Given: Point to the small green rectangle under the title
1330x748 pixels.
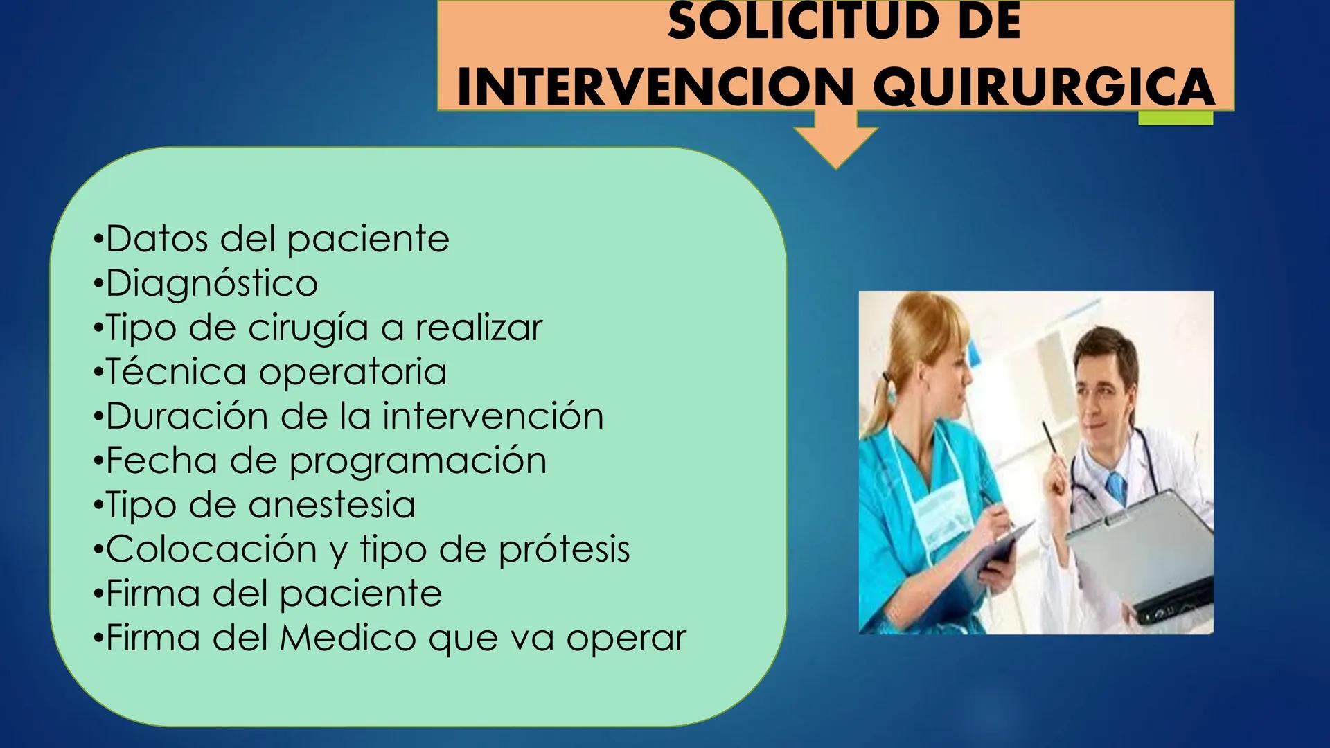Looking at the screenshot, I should click(1176, 118).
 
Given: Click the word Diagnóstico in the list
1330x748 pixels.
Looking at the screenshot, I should click(212, 283).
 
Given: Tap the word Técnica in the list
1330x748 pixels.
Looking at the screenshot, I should click(176, 372).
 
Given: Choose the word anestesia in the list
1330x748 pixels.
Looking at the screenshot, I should click(332, 505).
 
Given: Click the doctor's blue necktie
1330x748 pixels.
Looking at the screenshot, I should click(1116, 487).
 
